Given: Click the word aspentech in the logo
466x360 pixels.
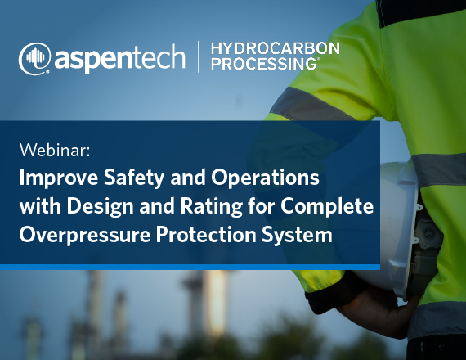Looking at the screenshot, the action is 119,58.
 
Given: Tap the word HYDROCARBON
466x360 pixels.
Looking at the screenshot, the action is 276,48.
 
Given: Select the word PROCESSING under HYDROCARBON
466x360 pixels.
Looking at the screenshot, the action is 263,63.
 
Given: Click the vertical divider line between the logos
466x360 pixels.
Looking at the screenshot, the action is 198,56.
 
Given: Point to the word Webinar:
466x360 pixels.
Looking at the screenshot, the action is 55,151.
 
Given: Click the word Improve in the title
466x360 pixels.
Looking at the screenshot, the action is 59,178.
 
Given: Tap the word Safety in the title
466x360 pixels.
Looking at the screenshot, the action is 134,178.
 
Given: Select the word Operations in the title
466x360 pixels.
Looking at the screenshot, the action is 265,178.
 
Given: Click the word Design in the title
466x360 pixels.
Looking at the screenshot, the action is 100,206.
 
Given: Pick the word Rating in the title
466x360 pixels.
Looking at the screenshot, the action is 211,206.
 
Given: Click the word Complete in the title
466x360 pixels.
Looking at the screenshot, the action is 327,206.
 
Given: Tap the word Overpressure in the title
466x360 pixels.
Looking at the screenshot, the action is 85,235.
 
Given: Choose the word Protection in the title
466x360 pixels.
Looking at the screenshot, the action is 206,235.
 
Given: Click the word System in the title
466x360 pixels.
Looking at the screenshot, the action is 297,235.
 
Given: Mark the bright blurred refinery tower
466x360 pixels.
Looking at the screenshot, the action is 215,298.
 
